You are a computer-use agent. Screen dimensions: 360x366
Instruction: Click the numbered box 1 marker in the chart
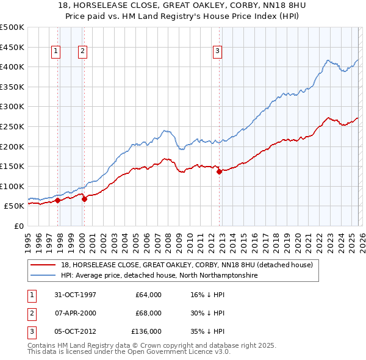click(56, 52)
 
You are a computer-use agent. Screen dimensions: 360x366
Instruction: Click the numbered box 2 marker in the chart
click(82, 52)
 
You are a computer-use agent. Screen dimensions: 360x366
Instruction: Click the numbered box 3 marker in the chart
click(217, 52)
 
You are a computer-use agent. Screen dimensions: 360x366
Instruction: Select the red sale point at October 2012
click(219, 172)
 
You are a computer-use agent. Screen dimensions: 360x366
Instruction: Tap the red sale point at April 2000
click(84, 198)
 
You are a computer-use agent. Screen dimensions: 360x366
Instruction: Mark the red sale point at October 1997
click(58, 200)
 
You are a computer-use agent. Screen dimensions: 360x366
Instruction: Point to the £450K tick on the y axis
click(12, 47)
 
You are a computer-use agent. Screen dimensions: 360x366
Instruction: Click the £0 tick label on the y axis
click(18, 226)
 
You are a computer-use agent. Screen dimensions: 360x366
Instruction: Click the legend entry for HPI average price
click(159, 276)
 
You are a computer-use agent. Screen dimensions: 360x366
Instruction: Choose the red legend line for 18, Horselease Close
click(43, 265)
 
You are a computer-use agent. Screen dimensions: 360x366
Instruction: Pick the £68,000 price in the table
click(148, 313)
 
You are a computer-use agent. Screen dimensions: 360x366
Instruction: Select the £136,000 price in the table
click(147, 331)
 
